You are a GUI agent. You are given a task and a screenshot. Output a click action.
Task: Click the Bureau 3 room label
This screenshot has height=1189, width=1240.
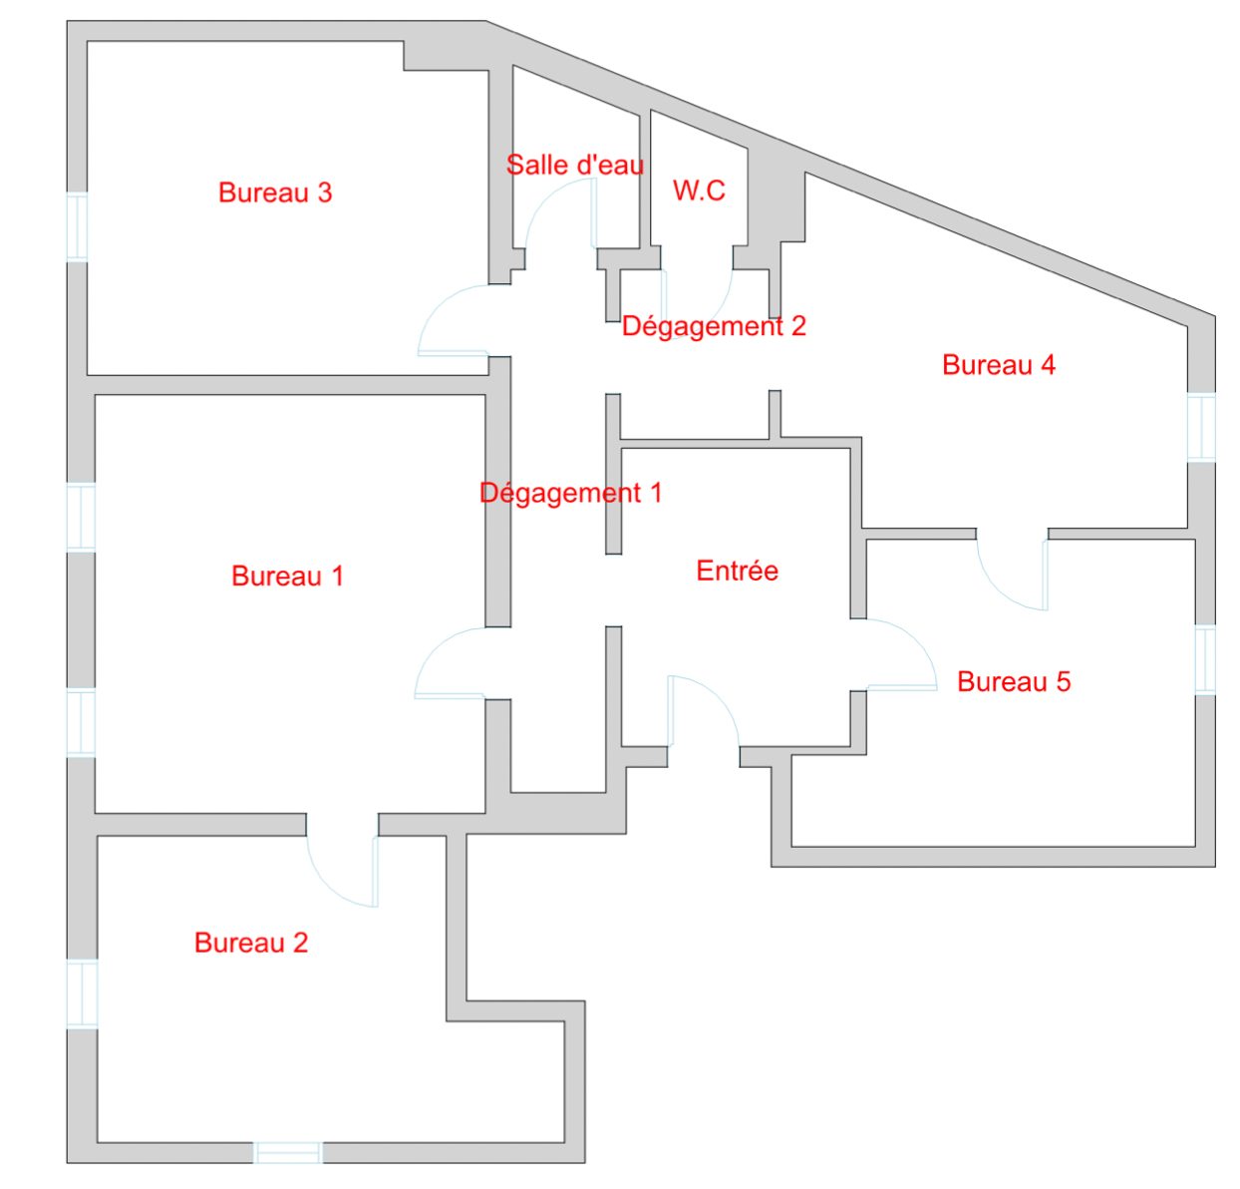point(275,193)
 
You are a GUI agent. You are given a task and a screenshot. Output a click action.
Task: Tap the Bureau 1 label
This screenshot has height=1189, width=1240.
point(287,576)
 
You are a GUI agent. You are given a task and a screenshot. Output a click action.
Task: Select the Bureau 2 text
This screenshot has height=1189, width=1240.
point(251,943)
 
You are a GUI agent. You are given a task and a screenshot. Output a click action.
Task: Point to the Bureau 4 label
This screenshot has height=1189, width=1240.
point(998,365)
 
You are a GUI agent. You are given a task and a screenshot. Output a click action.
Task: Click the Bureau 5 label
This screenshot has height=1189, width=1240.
point(1014,681)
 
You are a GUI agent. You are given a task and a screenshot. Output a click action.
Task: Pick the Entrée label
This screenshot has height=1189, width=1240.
point(737,571)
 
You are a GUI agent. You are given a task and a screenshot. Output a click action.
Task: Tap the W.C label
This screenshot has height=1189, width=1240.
point(699,191)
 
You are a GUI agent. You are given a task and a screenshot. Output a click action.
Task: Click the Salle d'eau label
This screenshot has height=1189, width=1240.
point(575,165)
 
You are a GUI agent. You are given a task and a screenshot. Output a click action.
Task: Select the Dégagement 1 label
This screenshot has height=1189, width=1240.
point(570,493)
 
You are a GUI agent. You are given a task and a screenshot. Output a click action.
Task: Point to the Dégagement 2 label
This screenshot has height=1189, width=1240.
point(714,326)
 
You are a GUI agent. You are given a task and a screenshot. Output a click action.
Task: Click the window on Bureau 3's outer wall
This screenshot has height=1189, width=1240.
point(77,227)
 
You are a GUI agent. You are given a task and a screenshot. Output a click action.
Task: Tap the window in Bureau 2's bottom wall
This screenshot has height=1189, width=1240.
point(288,1153)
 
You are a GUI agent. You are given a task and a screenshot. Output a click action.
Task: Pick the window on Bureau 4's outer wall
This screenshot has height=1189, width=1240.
point(1201,427)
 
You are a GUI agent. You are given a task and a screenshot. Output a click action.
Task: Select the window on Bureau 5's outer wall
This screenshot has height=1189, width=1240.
point(1205,659)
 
